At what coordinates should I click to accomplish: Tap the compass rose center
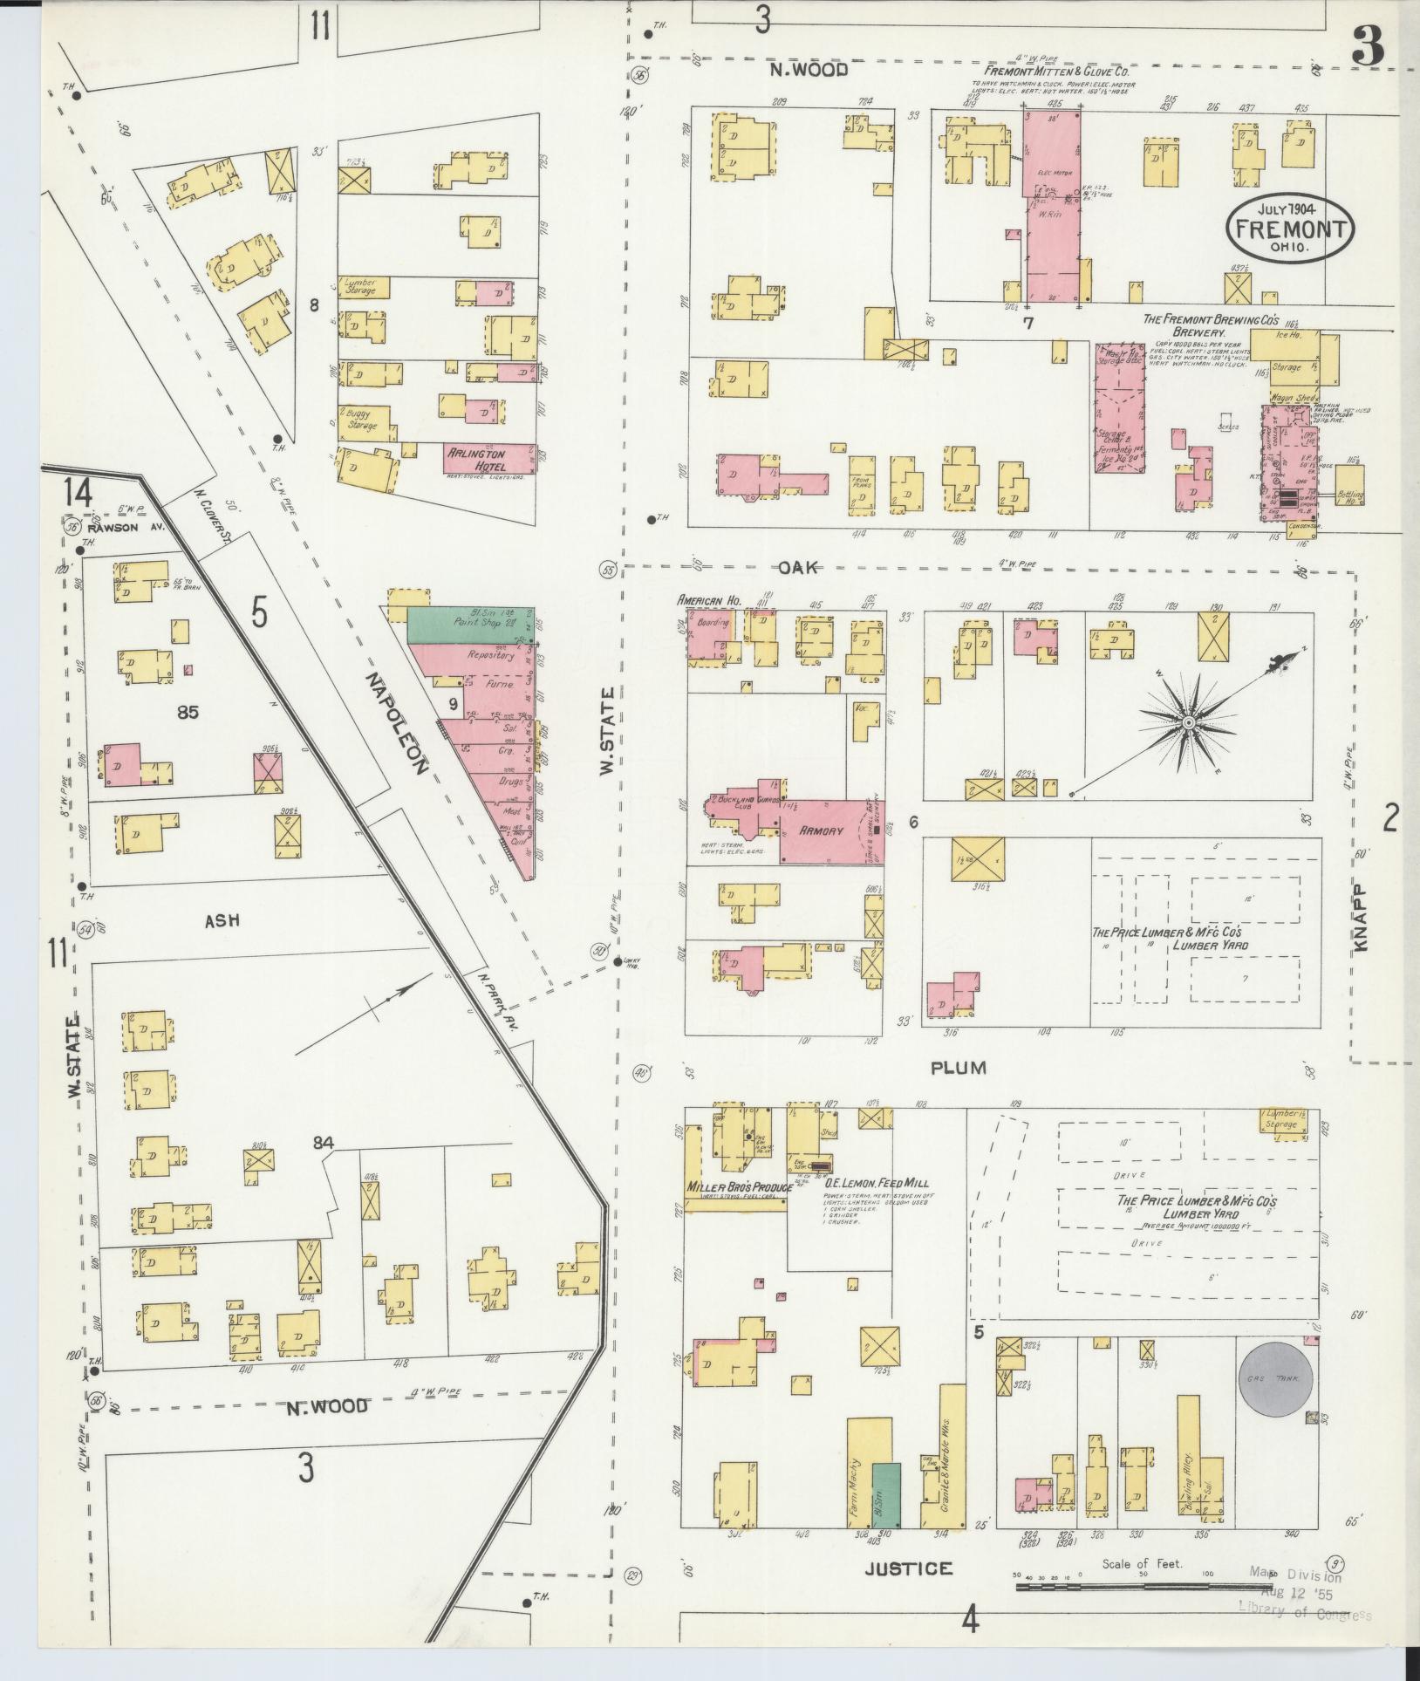coord(1188,724)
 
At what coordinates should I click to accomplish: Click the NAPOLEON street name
coord(398,723)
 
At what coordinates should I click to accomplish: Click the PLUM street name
coord(957,1068)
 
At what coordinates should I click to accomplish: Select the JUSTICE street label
coord(908,1569)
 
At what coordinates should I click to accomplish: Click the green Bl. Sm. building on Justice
coord(886,1494)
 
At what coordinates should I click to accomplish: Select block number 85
coord(187,713)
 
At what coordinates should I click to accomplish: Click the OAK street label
coord(797,568)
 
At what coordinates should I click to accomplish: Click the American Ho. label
coord(709,600)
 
